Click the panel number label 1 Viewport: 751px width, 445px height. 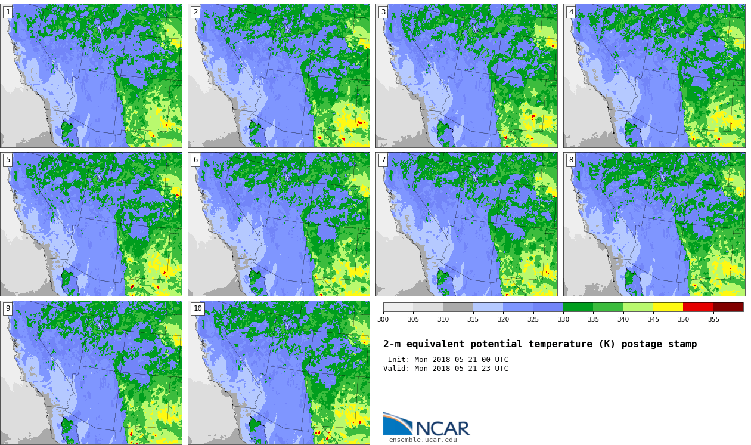[x=8, y=13]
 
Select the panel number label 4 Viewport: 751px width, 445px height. [x=571, y=13]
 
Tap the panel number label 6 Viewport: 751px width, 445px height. [x=195, y=160]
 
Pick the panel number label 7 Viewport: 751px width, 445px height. [x=383, y=160]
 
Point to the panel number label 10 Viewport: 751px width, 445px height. [x=197, y=308]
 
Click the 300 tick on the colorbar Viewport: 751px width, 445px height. [x=383, y=319]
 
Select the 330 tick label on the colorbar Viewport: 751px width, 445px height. [x=564, y=319]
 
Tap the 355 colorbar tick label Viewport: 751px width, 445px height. [x=713, y=319]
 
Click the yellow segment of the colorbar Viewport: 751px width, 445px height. [x=668, y=307]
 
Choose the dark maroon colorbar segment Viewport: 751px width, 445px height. [x=728, y=307]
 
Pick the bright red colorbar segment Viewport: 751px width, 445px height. [x=698, y=307]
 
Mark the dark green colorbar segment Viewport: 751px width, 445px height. [x=578, y=307]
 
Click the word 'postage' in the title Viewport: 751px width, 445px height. [x=642, y=344]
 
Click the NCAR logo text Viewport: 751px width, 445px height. [x=442, y=428]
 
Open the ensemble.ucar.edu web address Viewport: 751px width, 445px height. [x=423, y=440]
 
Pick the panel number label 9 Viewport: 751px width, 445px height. [x=8, y=308]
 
